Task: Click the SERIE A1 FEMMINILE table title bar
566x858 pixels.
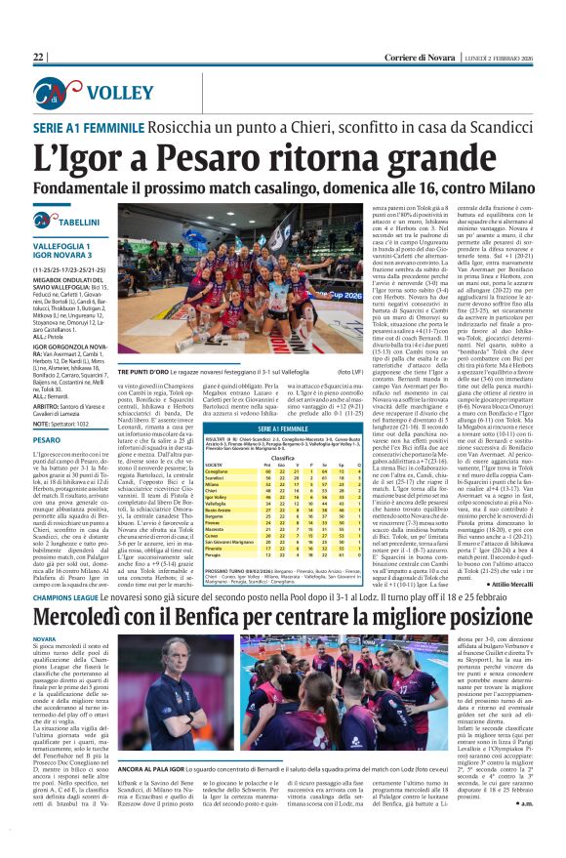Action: [246, 428]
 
